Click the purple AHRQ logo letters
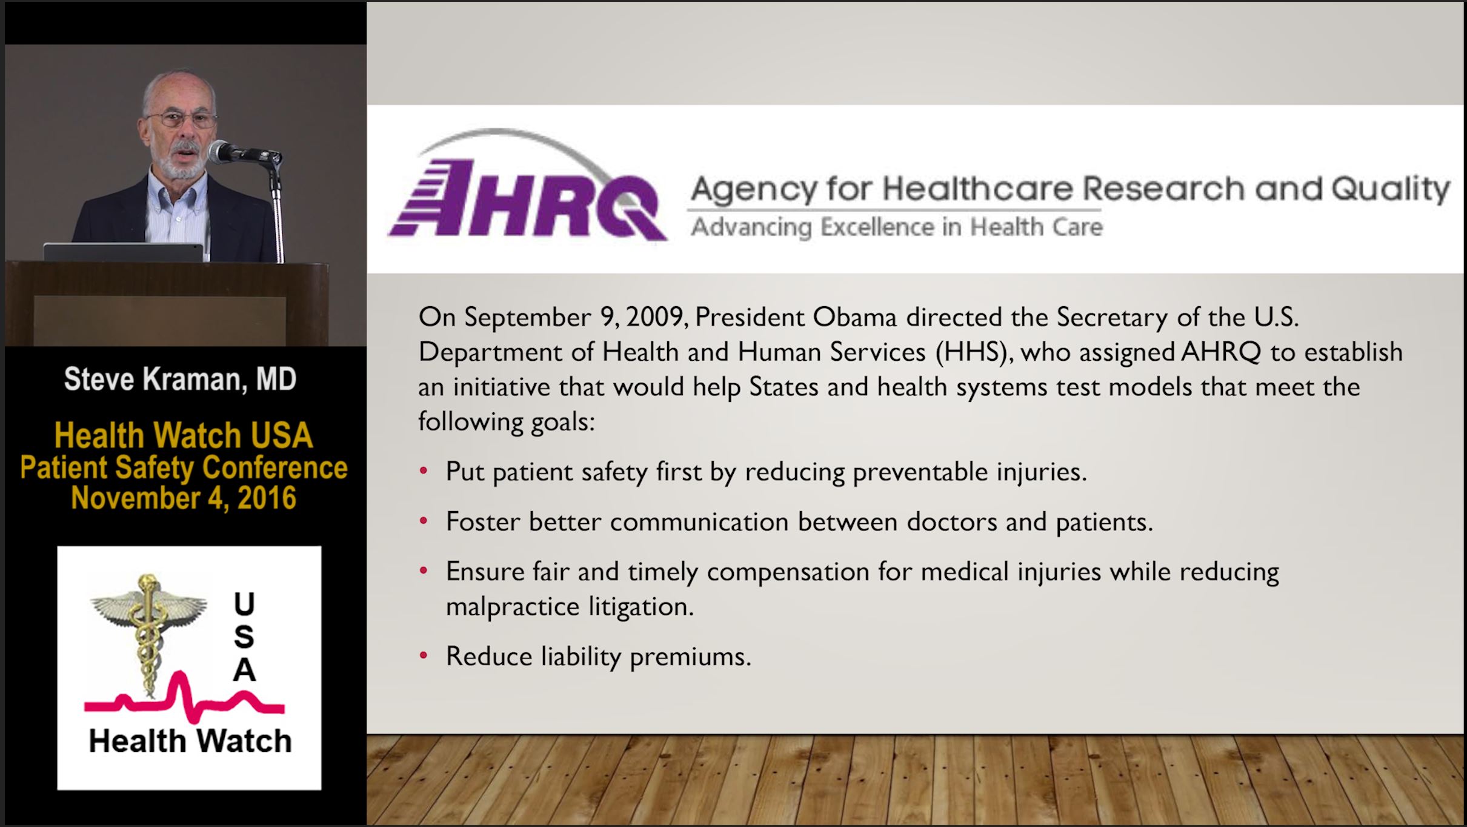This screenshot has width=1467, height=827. coord(527,197)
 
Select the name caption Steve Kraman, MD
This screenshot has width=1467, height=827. coord(180,380)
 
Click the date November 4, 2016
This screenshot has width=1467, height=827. coord(184,498)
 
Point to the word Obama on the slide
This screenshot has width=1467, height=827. coord(854,317)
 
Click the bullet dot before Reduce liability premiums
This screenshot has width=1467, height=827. coord(424,655)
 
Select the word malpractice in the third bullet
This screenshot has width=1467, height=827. coord(513,606)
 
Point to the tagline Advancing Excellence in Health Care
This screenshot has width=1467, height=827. coord(897,227)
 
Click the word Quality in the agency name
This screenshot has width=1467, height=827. coord(1391,189)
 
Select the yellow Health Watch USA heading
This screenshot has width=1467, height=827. coord(184,435)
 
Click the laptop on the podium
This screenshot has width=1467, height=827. coord(124,252)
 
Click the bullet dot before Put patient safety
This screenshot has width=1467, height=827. coord(424,470)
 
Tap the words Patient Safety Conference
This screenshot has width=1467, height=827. coord(184,467)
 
